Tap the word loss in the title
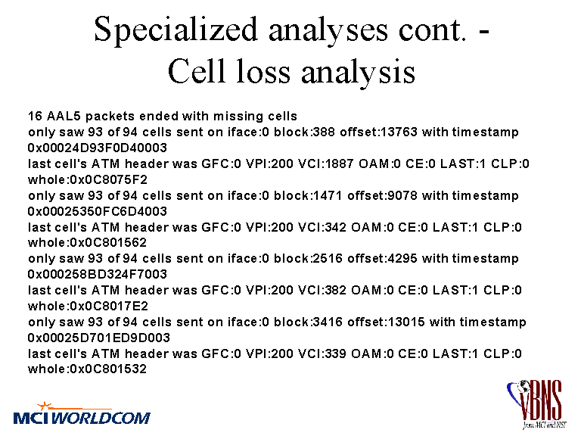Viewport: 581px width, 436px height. (263, 71)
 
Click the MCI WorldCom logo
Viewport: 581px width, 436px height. (82, 413)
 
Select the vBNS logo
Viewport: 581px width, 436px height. (536, 403)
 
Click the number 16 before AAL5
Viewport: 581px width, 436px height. (36, 116)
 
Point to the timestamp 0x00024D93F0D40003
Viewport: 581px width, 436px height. (98, 148)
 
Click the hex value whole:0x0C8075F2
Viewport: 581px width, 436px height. (88, 180)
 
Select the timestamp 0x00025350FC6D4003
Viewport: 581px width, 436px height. (98, 211)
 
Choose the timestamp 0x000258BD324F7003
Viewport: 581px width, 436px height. (98, 274)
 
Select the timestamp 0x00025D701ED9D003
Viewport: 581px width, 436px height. (99, 338)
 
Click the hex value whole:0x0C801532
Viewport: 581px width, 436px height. (88, 369)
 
